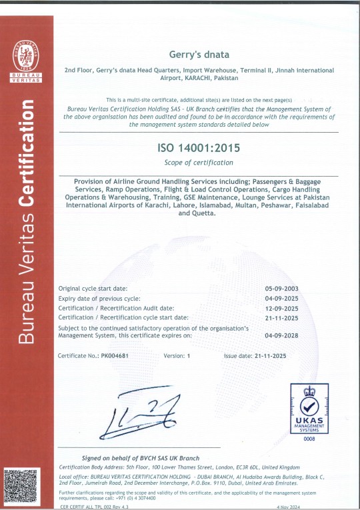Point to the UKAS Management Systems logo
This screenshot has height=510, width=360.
pyautogui.click(x=308, y=408)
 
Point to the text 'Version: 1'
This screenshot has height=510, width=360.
pyautogui.click(x=177, y=356)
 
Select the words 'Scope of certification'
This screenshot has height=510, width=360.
pyautogui.click(x=199, y=163)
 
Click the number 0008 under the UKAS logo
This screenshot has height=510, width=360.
pyautogui.click(x=308, y=439)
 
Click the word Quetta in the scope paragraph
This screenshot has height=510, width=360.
pyautogui.click(x=204, y=213)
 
